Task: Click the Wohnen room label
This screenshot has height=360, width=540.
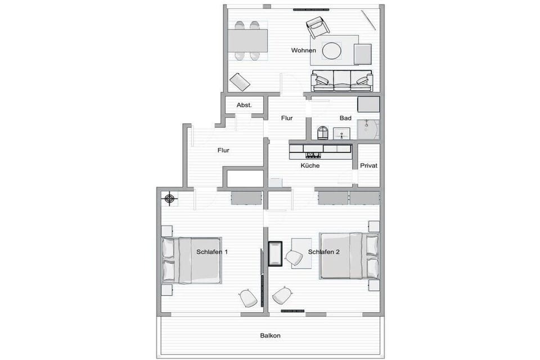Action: point(303,50)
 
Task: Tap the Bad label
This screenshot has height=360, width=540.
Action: point(345,118)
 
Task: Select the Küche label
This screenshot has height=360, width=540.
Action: point(310,166)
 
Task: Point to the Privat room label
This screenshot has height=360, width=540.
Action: point(368,166)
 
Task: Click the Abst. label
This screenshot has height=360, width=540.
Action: point(244,105)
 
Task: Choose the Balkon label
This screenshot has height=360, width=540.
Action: point(271,336)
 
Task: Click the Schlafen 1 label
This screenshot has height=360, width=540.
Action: point(212,252)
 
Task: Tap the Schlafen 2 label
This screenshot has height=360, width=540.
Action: point(324,252)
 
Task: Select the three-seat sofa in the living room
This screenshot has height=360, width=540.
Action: point(341,80)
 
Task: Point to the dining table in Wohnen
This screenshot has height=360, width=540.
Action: point(248,40)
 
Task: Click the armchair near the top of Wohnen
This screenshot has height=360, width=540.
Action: point(317,27)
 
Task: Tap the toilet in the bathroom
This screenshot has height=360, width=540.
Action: point(322,133)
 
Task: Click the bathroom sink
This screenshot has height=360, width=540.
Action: point(341,134)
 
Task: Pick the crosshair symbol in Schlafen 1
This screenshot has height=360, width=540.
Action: point(169,199)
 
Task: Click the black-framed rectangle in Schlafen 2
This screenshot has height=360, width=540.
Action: point(276,254)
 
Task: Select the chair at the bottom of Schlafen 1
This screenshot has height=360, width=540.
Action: point(248,298)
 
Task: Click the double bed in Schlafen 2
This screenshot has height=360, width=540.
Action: point(349,256)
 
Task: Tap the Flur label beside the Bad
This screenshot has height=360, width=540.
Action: point(287,118)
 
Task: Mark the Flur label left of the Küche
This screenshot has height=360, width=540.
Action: point(223,150)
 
